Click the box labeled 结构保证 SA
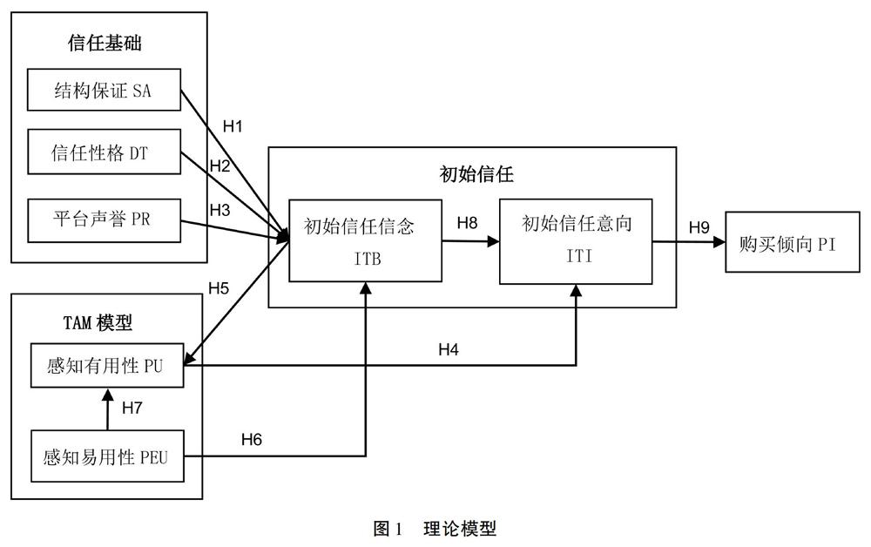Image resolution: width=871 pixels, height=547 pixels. (x=104, y=90)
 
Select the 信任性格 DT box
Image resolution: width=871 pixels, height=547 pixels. (x=104, y=152)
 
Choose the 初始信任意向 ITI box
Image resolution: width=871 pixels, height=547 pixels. (x=576, y=240)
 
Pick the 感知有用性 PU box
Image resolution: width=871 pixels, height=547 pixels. (x=106, y=368)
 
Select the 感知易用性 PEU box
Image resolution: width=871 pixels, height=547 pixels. (x=106, y=455)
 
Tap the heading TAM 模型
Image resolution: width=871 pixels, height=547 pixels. (x=98, y=322)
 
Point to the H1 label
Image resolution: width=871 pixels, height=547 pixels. (x=233, y=127)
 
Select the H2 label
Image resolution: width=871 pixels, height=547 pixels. (x=219, y=165)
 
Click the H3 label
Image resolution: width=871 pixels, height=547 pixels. (x=219, y=209)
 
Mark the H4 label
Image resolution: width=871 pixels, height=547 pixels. (x=449, y=350)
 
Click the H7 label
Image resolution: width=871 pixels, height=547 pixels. (x=133, y=408)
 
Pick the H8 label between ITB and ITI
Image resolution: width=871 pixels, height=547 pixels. (x=468, y=224)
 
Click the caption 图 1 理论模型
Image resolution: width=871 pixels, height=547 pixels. (x=435, y=528)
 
